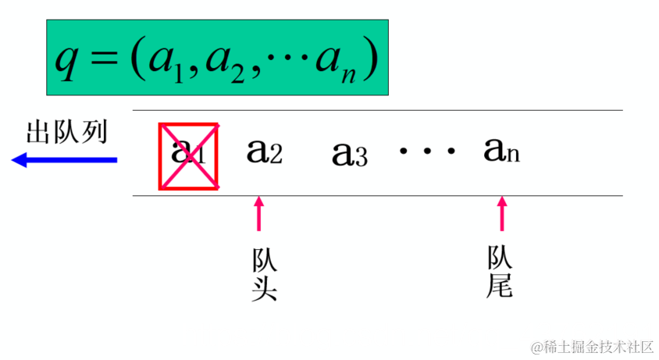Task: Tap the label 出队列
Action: click(x=66, y=132)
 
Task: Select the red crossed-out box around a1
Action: click(x=189, y=156)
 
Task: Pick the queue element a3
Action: click(x=349, y=154)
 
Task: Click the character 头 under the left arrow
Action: click(x=265, y=288)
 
